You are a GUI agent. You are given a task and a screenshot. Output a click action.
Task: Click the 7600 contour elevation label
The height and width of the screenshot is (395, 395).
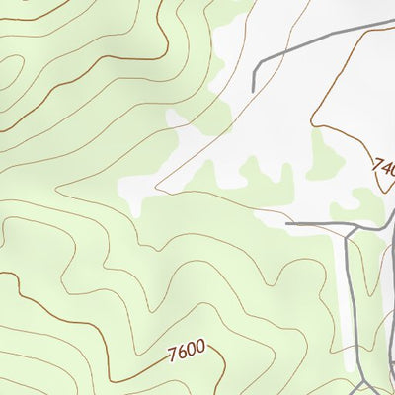click(x=187, y=349)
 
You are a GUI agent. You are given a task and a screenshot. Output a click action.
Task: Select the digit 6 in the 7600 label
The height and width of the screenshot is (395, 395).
click(x=182, y=351)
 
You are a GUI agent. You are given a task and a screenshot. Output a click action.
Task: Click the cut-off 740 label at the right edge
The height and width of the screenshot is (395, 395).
click(x=384, y=167)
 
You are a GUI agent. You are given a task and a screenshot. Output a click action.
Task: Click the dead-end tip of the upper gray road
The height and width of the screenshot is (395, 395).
click(x=255, y=92)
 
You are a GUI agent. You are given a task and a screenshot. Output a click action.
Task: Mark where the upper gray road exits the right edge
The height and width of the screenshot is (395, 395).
click(x=393, y=22)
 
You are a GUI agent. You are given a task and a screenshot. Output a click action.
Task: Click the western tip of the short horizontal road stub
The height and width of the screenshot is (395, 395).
click(x=288, y=225)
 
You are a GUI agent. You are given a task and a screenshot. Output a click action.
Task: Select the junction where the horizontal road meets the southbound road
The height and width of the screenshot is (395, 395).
click(x=352, y=226)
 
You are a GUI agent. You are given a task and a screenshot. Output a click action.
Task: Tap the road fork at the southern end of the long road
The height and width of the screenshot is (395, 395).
click(x=363, y=379)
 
